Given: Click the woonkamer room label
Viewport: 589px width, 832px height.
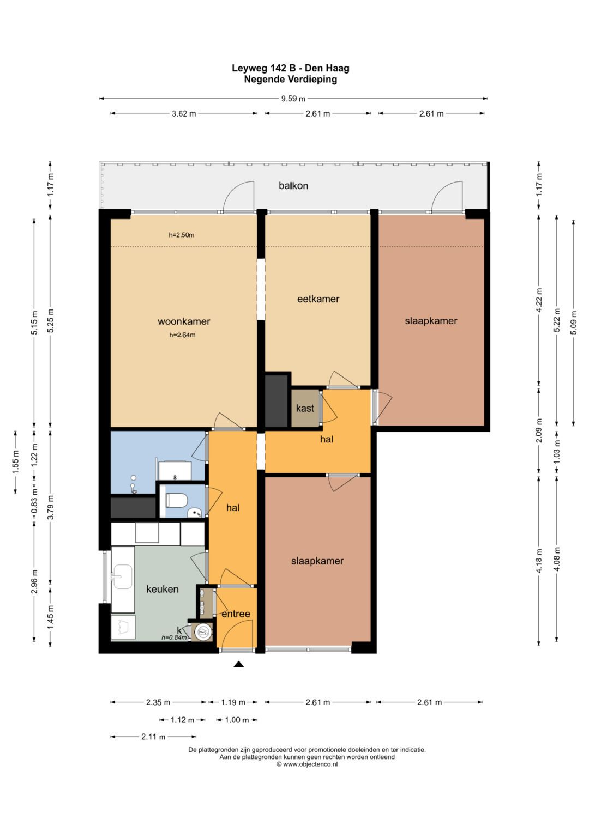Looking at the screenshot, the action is pos(184,321).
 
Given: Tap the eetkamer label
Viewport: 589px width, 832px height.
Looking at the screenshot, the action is pos(318,299).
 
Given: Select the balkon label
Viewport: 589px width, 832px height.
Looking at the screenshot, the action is pos(293,186).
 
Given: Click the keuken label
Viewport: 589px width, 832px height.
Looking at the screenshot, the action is pos(162,589).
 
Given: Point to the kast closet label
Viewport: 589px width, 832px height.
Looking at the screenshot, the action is pos(305,408).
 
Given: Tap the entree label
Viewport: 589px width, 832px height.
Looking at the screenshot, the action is pos(236,614).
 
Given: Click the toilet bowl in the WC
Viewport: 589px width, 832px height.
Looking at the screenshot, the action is pos(176,500).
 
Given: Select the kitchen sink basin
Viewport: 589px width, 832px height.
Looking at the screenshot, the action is pos(122,577).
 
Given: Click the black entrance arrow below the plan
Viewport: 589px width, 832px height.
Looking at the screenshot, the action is pos(238,664).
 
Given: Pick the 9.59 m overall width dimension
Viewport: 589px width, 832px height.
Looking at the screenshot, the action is pos(293,99).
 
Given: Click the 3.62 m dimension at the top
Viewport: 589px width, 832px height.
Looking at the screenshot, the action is pos(184,114).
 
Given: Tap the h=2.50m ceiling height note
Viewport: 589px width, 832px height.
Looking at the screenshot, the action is pos(182,235).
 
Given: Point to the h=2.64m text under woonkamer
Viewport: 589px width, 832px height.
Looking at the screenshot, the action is pos(182,335).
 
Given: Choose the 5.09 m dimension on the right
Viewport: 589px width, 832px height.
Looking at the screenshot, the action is pos(573,323).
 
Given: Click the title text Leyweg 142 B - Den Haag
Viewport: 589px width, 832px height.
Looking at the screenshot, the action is pos(290,68).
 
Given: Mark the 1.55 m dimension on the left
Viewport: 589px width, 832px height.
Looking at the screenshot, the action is pos(16,462).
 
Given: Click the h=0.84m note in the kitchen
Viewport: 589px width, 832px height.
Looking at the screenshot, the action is pos(173,637).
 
